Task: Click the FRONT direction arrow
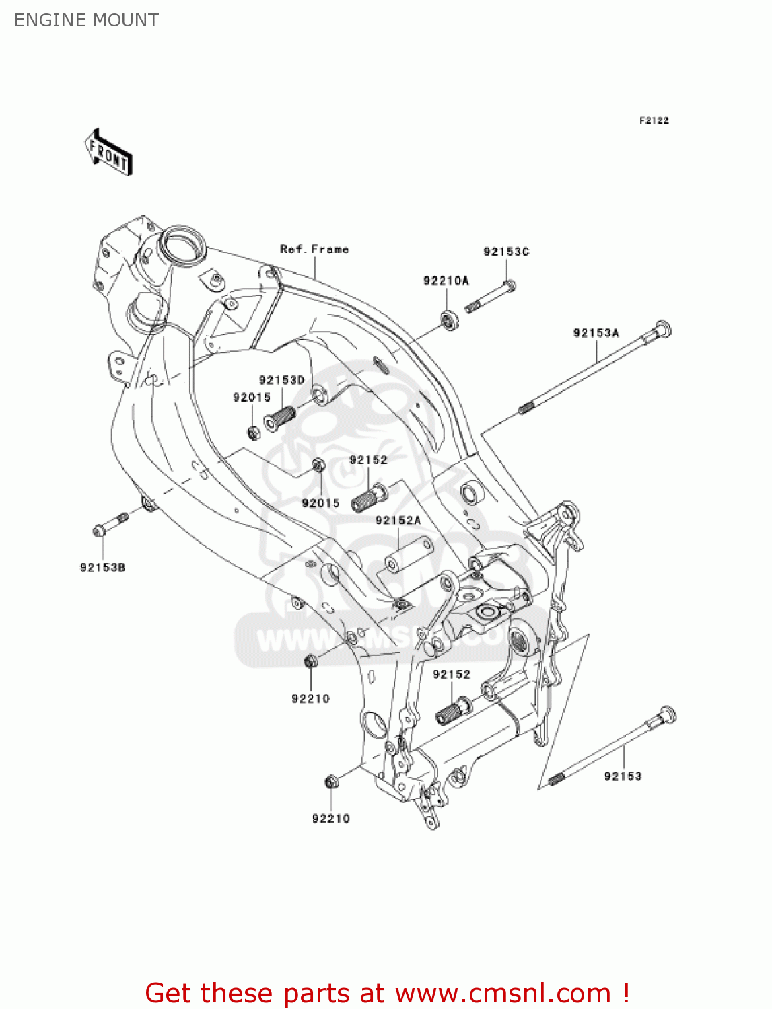[108, 153]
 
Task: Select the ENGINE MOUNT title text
[86, 20]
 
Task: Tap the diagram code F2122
[654, 120]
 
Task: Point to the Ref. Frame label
[314, 249]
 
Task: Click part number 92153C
[506, 252]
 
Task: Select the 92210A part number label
[446, 281]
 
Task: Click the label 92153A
[596, 333]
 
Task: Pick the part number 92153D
[281, 380]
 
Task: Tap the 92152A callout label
[398, 520]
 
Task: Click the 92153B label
[102, 568]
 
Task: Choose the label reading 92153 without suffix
[623, 776]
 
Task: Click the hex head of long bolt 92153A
[662, 330]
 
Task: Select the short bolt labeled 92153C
[489, 297]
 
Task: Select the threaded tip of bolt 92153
[555, 779]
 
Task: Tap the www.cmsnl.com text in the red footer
[502, 993]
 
